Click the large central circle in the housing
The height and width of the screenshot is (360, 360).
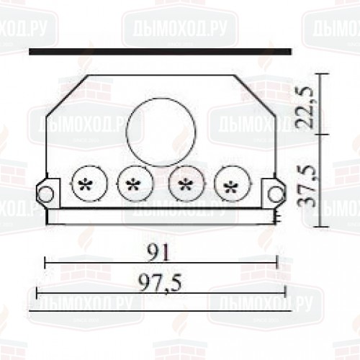click(161, 130)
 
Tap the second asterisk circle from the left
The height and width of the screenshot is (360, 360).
click(133, 184)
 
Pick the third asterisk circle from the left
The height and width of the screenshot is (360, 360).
click(185, 184)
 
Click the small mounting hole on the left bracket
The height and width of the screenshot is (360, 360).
click(45, 193)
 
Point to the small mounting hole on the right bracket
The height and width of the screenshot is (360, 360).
click(274, 193)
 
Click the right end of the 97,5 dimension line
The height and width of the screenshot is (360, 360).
click(286, 292)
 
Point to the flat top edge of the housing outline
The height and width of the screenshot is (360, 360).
click(162, 75)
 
